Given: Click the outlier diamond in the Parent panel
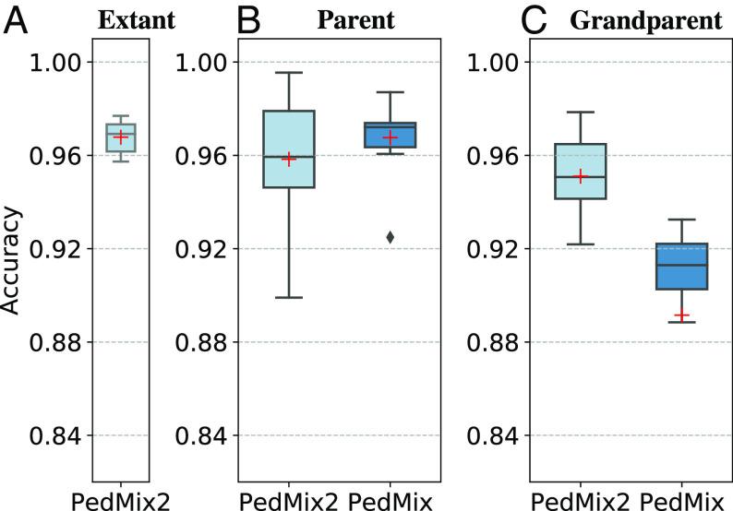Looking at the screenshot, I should [391, 237].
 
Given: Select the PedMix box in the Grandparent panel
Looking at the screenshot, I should [681, 267].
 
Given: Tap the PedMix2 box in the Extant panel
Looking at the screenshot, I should [121, 137].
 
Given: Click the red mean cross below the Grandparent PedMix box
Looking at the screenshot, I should [681, 315].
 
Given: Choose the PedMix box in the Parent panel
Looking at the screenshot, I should [391, 135].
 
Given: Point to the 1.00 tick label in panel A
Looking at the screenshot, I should [58, 63].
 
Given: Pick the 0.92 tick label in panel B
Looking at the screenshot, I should [203, 249].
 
